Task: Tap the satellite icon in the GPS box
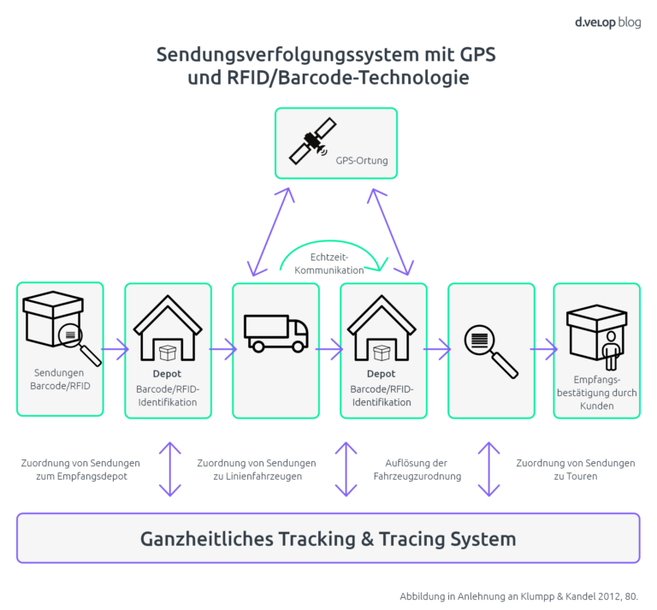[x=309, y=140]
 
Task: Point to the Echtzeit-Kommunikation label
[x=329, y=264]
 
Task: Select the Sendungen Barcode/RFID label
[x=60, y=379]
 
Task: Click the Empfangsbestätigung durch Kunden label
[x=596, y=393]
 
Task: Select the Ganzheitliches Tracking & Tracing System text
[x=328, y=539]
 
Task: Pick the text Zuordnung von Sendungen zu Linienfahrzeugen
[x=257, y=470]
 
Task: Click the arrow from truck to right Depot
[x=329, y=349]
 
